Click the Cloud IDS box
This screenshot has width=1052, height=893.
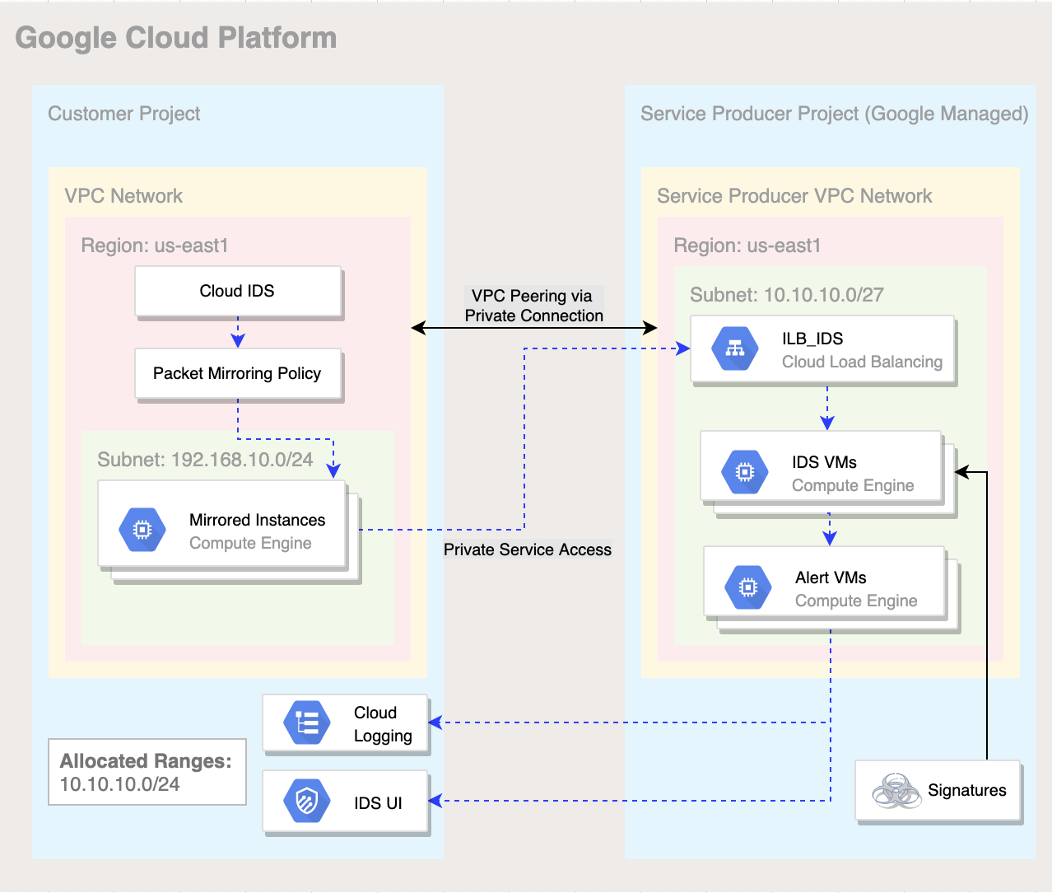238,291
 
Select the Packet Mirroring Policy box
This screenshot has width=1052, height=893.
238,374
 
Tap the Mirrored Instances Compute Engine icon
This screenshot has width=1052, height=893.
142,530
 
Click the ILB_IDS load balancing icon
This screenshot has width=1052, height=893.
735,348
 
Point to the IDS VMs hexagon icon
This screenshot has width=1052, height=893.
744,471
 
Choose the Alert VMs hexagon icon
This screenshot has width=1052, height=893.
747,587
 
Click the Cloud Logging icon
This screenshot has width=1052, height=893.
306,723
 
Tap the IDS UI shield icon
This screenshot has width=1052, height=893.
306,801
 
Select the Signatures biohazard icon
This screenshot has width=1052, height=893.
896,791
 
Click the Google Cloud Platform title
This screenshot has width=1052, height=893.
176,38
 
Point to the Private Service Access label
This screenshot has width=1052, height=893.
528,549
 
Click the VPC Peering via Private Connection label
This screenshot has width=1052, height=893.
533,306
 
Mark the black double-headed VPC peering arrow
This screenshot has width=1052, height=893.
533,328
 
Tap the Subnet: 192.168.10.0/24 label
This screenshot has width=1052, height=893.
205,460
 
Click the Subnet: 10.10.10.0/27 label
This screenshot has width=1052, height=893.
786,295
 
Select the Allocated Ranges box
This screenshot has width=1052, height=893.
147,772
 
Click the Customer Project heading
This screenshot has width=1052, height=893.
123,114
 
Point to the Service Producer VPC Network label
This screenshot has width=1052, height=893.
794,196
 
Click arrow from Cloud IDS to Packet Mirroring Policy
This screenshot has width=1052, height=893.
238,332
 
